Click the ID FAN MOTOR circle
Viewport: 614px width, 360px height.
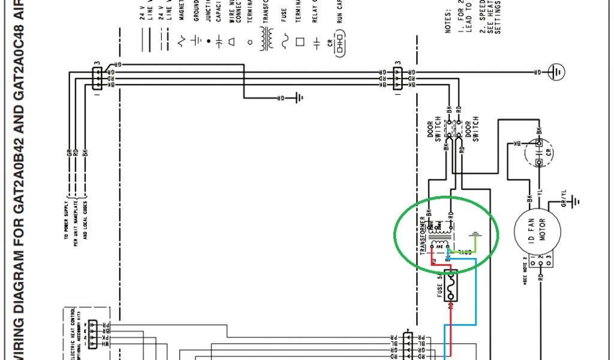click(538, 229)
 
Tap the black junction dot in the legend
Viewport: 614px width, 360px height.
click(209, 41)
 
